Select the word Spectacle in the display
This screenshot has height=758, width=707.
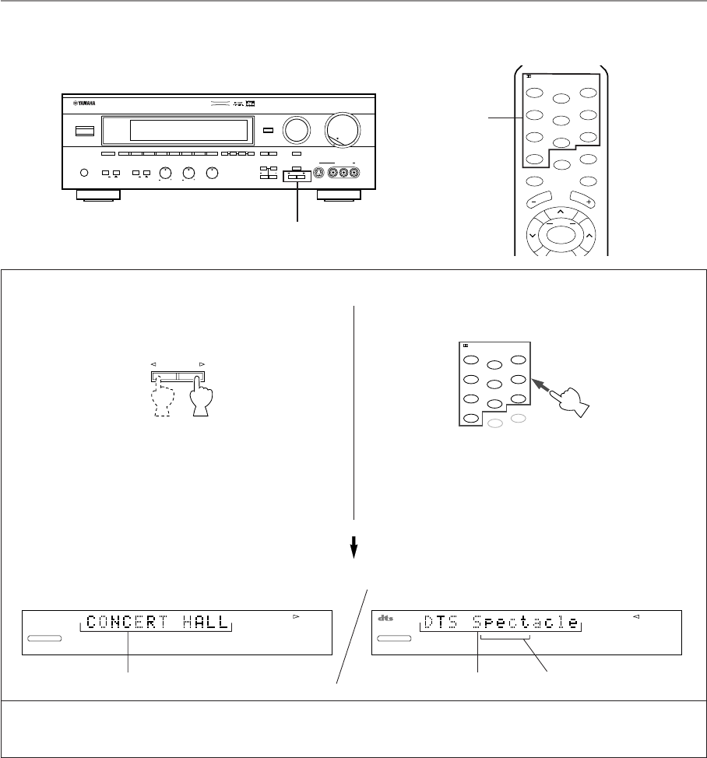[528, 623]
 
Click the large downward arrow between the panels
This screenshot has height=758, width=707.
[354, 549]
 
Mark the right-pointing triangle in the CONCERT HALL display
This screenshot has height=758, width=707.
[296, 616]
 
